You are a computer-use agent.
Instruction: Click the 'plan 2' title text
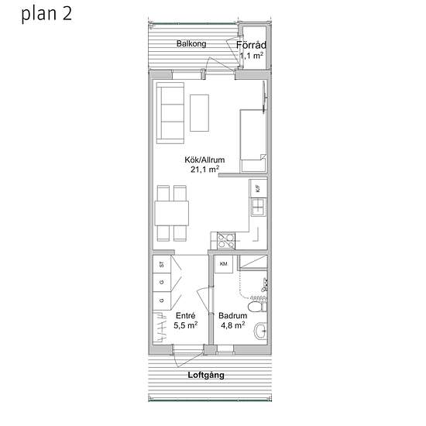[x=46, y=14]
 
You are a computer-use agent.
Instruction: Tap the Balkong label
[x=191, y=43]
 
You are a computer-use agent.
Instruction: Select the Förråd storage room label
[x=251, y=45]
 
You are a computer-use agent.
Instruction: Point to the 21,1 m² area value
[x=204, y=170]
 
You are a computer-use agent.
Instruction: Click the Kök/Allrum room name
[x=204, y=160]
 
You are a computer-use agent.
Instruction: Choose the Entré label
[x=186, y=315]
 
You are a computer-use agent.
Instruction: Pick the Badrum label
[x=233, y=315]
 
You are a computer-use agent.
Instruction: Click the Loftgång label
[x=206, y=376]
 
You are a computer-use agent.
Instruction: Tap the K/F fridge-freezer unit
[x=258, y=188]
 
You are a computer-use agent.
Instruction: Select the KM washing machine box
[x=224, y=264]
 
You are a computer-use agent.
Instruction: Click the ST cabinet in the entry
[x=162, y=264]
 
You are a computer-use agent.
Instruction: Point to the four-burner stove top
[x=226, y=241]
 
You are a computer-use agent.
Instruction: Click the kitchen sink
[x=258, y=208]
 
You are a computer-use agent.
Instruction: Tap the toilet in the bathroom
[x=258, y=307]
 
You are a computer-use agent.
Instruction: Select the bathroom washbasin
[x=261, y=331]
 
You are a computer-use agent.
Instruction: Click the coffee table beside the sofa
[x=199, y=113]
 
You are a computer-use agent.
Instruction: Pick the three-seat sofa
[x=170, y=113]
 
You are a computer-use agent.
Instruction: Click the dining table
[x=172, y=213]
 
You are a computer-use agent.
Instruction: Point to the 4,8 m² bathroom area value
[x=233, y=325]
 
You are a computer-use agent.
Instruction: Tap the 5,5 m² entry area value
[x=186, y=325]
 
